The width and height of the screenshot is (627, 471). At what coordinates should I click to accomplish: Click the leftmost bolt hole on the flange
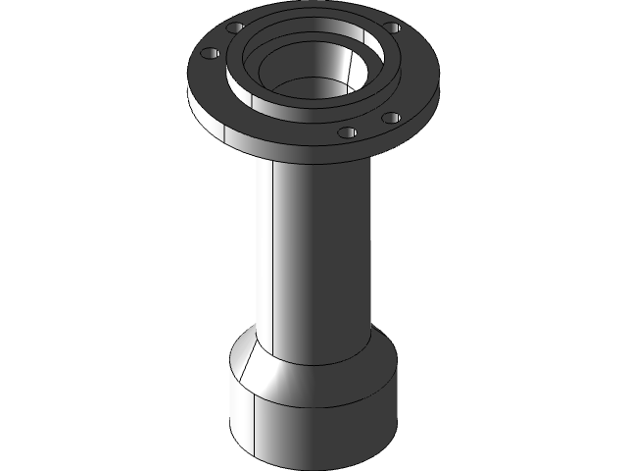(x=208, y=52)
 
